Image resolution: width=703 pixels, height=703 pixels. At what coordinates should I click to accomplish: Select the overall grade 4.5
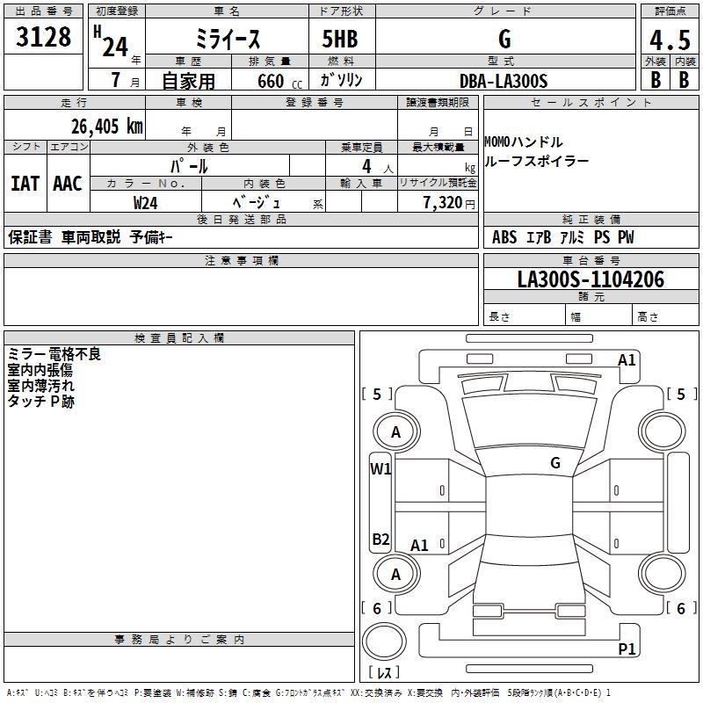pos(669,40)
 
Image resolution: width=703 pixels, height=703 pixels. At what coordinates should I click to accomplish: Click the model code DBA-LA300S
pos(503,81)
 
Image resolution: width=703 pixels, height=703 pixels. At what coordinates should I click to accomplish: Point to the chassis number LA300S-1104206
pos(591,279)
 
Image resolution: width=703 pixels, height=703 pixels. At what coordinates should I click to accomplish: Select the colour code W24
pos(146,203)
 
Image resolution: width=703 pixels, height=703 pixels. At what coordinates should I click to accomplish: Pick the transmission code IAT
pos(25,184)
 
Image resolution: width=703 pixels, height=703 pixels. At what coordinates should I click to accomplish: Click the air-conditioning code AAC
pos(68,184)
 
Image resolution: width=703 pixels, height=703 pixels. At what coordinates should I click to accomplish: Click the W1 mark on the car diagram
pos(380,468)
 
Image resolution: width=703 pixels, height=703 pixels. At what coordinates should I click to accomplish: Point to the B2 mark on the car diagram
pos(380,539)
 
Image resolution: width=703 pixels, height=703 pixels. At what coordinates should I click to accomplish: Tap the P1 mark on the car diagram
pos(627,649)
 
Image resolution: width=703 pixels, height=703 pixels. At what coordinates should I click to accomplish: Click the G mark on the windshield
pos(554,462)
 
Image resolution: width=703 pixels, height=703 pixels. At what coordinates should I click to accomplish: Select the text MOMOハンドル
pos(524,142)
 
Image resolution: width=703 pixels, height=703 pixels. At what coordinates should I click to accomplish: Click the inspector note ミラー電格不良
pos(54,354)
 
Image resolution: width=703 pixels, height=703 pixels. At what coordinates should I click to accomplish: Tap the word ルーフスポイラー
pos(537,161)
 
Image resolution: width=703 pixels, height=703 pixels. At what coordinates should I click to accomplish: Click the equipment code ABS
pos(504,237)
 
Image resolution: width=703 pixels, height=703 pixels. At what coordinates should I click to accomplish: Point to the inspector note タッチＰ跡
pos(41,402)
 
